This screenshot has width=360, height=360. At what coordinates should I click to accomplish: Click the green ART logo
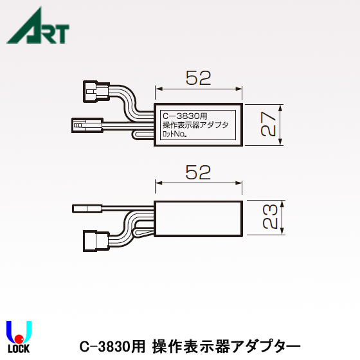tap(37, 26)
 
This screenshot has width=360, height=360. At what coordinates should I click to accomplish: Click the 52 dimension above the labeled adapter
tap(198, 78)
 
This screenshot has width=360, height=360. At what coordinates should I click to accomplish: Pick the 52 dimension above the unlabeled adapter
tap(198, 172)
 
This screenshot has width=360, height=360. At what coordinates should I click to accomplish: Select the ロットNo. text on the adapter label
tap(175, 136)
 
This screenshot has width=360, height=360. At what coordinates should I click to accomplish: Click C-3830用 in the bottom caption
tap(113, 346)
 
